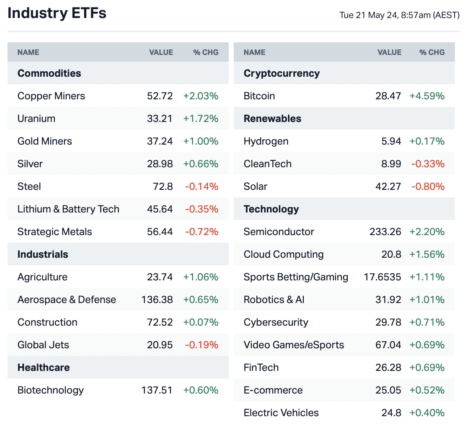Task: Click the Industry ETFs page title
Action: click(57, 13)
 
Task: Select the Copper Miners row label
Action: click(51, 96)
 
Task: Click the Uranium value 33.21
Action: click(160, 119)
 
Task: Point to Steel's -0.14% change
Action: click(201, 187)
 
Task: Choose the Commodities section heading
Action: click(49, 73)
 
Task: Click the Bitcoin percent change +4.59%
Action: click(427, 96)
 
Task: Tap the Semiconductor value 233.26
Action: click(385, 232)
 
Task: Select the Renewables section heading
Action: click(272, 119)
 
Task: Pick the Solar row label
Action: click(256, 187)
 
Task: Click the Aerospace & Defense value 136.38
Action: click(157, 300)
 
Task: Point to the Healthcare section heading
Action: click(44, 368)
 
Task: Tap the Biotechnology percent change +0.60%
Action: click(201, 390)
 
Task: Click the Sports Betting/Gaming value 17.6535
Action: click(382, 277)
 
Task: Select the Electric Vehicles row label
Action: click(281, 413)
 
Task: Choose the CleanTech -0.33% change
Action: click(428, 164)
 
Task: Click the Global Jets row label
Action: click(43, 345)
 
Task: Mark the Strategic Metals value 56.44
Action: click(160, 232)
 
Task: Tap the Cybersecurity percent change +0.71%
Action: click(427, 322)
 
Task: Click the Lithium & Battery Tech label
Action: click(68, 209)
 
